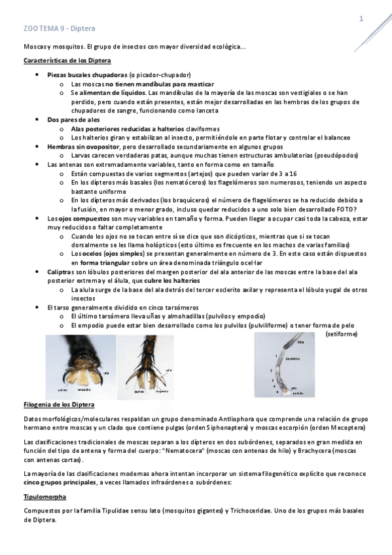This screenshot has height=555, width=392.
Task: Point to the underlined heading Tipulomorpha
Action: tap(43, 497)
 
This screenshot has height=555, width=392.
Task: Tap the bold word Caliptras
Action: tap(62, 271)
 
